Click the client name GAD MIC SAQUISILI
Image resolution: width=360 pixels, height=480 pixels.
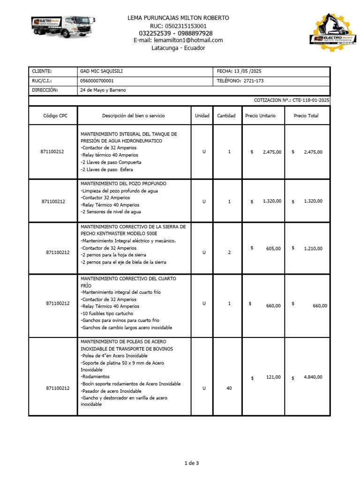point(102,71)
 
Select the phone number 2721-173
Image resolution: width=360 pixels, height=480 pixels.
point(254,81)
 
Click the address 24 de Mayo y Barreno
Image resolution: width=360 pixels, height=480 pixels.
point(103,90)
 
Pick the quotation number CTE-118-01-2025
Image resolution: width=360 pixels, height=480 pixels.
point(311,100)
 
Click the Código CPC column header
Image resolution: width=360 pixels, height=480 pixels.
point(55,116)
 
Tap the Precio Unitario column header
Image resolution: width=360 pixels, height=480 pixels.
point(260,116)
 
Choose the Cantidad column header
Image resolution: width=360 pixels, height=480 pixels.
point(226,116)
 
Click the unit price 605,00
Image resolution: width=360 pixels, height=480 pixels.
point(273,248)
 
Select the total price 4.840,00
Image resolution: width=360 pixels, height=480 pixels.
point(313,377)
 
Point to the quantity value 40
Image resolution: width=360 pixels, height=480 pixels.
point(229,388)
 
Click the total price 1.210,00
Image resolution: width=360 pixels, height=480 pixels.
point(313,248)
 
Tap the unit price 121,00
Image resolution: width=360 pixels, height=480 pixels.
point(273,377)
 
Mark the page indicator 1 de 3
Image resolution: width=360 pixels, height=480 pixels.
point(191,464)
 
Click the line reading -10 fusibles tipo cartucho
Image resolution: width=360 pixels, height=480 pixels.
point(110,313)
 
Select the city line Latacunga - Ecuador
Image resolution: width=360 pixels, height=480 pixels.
point(178,48)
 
